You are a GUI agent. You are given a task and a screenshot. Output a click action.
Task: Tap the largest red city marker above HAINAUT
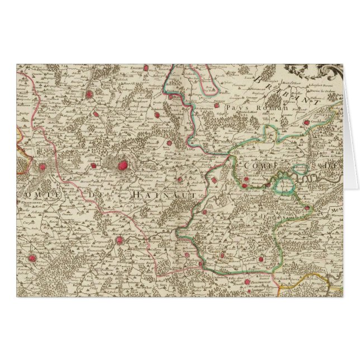[x=122, y=165]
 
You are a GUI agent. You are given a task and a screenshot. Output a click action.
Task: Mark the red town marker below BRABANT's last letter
[x=305, y=121]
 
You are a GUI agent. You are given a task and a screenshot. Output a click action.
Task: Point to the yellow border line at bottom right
[x=313, y=277]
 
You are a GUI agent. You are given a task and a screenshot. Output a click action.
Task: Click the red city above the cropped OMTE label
[x=42, y=166]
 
